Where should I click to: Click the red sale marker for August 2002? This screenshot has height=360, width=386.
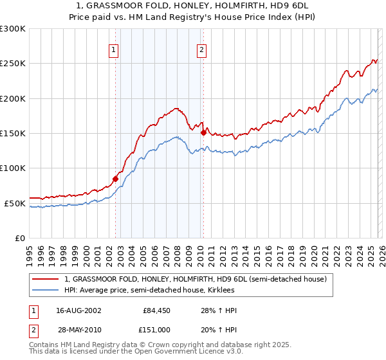coord(116,179)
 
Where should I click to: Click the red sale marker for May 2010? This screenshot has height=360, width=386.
coord(204,132)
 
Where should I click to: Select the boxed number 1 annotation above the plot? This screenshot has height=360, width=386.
coord(114,50)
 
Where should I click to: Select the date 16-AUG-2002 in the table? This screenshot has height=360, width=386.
coord(74,310)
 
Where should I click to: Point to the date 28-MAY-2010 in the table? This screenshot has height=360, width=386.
coord(74,328)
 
